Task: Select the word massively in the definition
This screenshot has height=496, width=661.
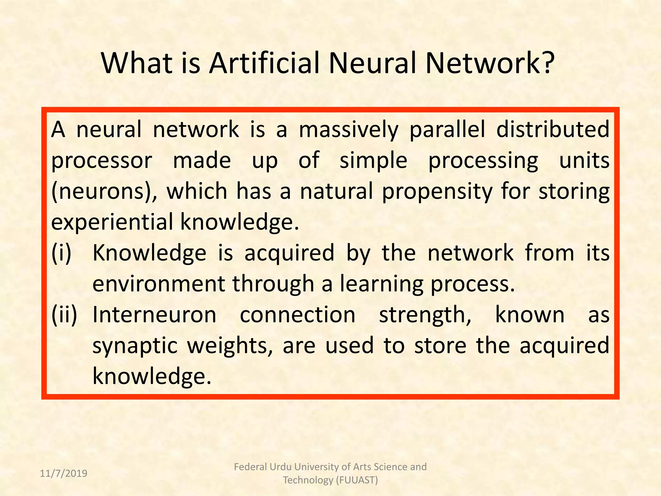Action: click(x=349, y=130)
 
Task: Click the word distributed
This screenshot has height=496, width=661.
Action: click(x=553, y=129)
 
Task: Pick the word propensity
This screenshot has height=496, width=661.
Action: click(x=437, y=192)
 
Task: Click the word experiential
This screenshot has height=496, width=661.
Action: click(x=112, y=222)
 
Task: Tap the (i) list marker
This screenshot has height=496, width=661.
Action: click(x=61, y=253)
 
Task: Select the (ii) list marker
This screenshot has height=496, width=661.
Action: click(x=64, y=315)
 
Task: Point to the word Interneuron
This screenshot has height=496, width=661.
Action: click(x=154, y=315)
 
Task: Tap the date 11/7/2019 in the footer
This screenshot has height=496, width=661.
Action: click(x=64, y=473)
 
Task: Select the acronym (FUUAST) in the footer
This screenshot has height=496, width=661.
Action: click(x=357, y=480)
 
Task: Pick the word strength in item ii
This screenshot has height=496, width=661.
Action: click(x=424, y=315)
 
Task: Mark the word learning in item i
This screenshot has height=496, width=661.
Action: click(x=381, y=284)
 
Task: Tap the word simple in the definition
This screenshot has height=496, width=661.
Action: click(x=373, y=161)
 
